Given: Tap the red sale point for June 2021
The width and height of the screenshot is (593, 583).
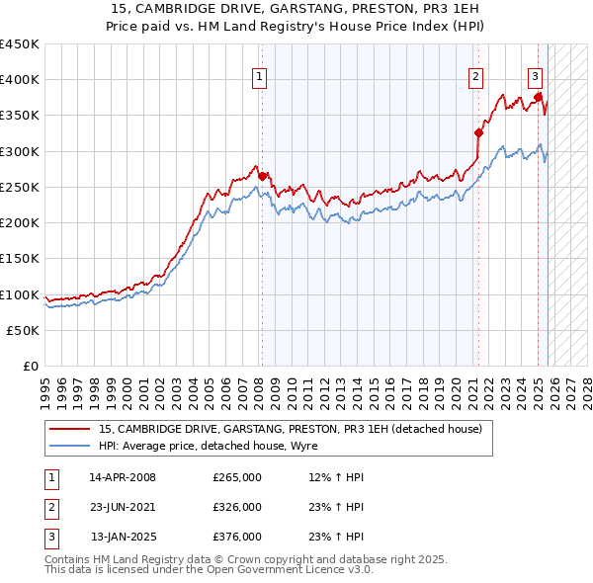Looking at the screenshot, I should click(478, 132).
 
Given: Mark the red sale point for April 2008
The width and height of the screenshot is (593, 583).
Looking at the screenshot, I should click(263, 176).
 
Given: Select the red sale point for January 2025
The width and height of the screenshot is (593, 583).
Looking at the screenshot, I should click(539, 97).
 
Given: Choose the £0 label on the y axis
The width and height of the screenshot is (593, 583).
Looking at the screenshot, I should click(30, 367).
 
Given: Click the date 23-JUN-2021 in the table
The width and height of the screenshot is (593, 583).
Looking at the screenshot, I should click(123, 507).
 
